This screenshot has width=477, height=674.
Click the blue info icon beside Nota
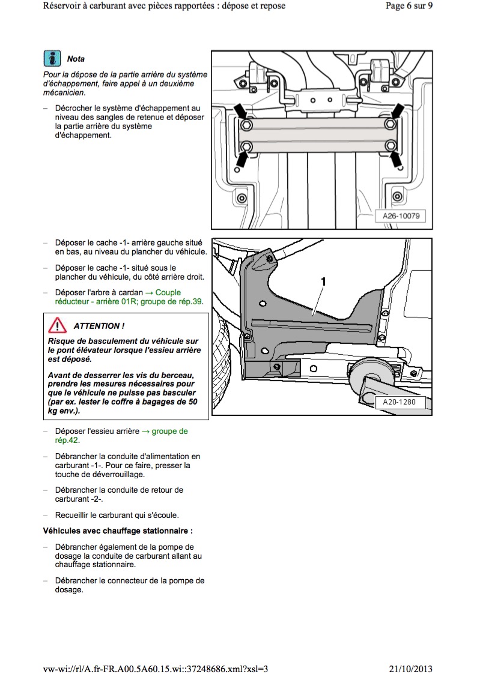click(53, 58)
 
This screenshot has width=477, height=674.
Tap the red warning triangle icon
click(58, 325)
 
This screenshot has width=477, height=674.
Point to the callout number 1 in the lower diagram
click(323, 281)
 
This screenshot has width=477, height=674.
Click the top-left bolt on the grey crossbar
click(246, 125)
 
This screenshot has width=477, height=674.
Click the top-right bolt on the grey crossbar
click(390, 124)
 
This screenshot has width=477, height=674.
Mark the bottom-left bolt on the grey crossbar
click(246, 146)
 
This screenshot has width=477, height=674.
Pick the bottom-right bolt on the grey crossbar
click(390, 145)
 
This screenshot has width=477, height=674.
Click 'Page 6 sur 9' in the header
click(409, 6)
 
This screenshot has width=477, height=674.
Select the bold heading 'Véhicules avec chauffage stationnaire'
click(118, 531)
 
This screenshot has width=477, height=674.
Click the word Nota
click(76, 59)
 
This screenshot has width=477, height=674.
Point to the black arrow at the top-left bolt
click(240, 111)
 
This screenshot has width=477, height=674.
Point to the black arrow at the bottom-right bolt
click(397, 159)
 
